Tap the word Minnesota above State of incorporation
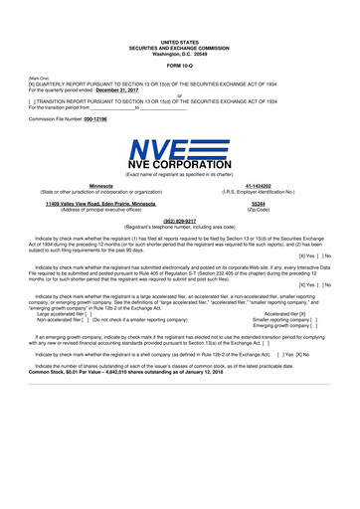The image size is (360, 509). tap(100, 186)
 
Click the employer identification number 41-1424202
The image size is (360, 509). tap(260, 186)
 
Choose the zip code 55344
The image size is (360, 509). tap(259, 204)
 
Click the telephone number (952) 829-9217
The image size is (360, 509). tap(179, 222)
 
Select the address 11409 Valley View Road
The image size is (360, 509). tap(79, 204)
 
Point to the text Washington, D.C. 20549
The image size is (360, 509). tap(180, 54)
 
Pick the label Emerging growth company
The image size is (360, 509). tap(284, 325)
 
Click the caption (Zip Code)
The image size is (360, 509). tap(259, 210)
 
